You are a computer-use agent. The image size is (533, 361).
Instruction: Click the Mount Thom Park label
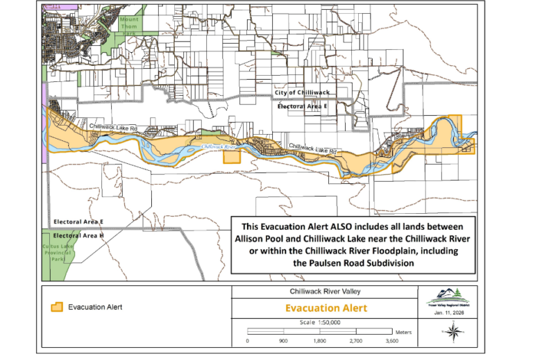[x=128, y=25]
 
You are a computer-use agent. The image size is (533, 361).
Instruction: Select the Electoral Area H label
[x=78, y=236]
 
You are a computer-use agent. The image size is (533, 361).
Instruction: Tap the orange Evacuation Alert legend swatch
[x=58, y=307]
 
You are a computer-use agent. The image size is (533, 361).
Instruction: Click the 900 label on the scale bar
[x=283, y=342]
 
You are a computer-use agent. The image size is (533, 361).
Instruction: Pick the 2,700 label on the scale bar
[x=355, y=342]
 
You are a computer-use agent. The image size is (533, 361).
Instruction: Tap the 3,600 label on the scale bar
[x=391, y=342]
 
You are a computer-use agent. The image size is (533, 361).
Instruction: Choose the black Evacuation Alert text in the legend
[x=96, y=307]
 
